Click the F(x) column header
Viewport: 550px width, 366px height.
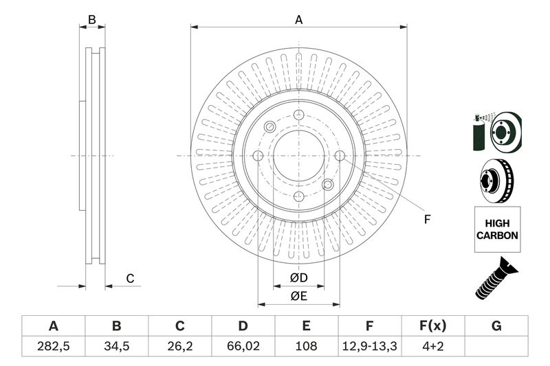click(432, 325)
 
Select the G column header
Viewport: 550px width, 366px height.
click(496, 325)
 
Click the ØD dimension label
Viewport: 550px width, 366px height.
click(298, 277)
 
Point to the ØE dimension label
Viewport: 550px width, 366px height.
click(298, 296)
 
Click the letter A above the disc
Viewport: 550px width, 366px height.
click(299, 20)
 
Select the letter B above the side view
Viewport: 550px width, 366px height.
click(92, 20)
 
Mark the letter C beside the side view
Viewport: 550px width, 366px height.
click(129, 278)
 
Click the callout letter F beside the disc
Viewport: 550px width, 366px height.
click(426, 219)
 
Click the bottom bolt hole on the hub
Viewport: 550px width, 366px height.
click(298, 196)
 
